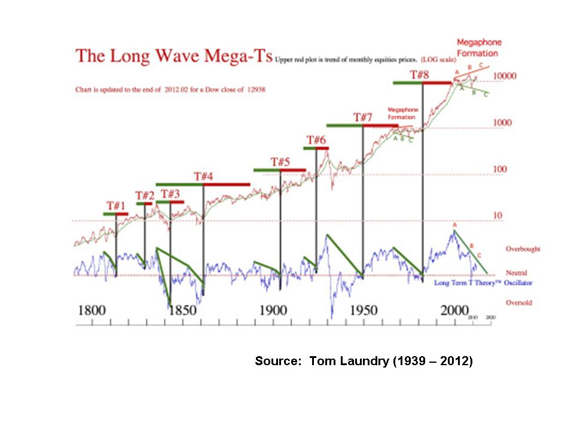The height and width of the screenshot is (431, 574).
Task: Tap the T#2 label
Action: point(145,196)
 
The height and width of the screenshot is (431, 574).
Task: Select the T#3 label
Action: point(170,194)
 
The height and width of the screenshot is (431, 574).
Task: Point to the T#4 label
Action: point(203,177)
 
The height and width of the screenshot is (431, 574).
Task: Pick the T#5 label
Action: point(280,162)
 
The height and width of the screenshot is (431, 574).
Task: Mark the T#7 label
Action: point(363,117)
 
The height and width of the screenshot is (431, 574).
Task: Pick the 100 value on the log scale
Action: point(500,169)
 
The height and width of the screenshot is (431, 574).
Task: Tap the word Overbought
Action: point(518,248)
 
